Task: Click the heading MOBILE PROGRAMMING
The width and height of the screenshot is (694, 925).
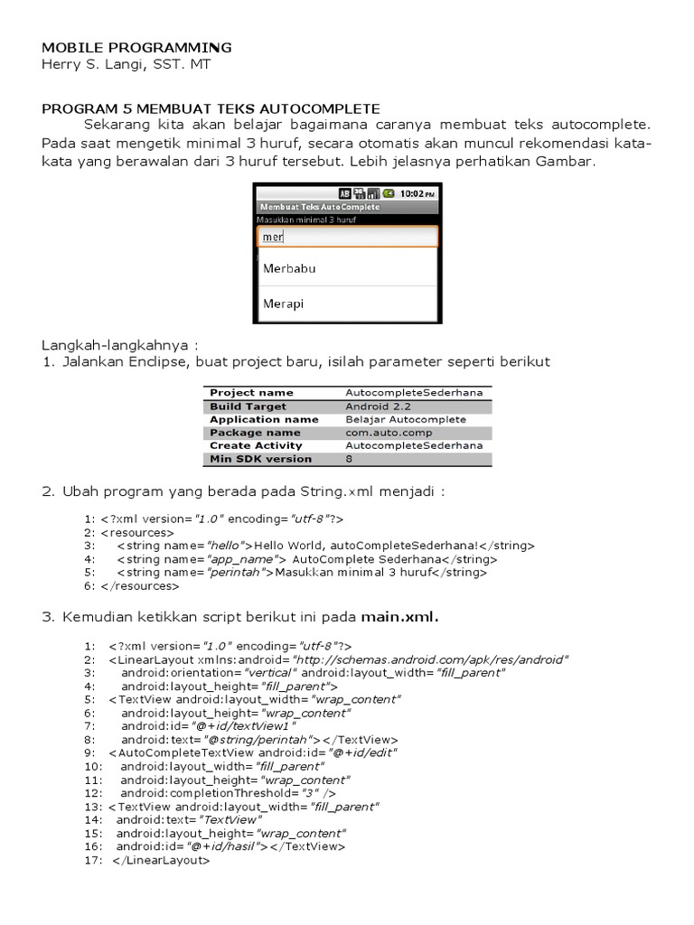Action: coord(136,47)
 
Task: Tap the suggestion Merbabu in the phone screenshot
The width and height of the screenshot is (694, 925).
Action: coord(289,268)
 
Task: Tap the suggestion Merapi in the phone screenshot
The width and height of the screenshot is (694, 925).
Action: coord(283,304)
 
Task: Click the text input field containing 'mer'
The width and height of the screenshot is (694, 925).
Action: coord(347,237)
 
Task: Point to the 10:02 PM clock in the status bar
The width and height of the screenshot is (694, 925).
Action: coord(417,193)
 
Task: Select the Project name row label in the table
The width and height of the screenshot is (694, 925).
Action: coord(251,393)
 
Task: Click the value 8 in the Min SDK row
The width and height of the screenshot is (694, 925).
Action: coord(349,459)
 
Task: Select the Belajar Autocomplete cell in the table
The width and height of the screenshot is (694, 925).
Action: coord(406,419)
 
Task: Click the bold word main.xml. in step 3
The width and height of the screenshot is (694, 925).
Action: coord(399,618)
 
